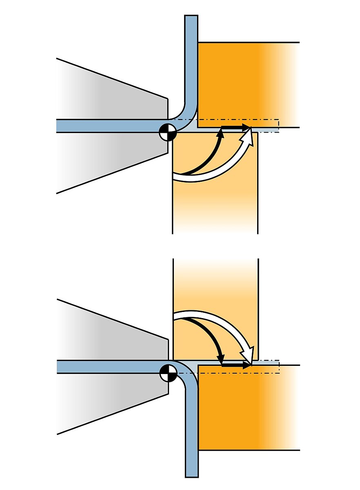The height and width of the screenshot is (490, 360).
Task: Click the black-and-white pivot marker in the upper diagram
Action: pos(168,132)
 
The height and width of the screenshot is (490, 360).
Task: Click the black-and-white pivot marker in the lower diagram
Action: pos(168,373)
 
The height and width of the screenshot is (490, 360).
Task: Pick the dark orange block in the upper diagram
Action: pos(237,82)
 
